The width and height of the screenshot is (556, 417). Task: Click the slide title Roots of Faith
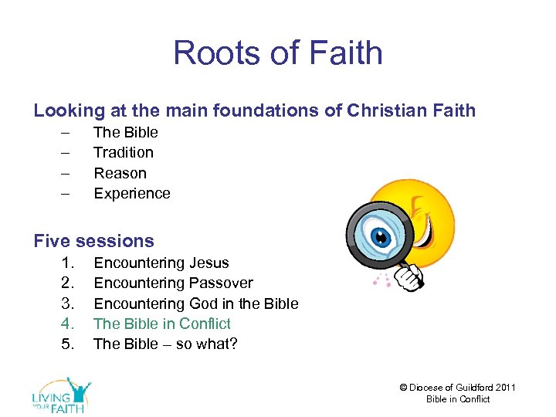tap(278, 53)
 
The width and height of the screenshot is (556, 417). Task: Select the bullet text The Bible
tap(125, 132)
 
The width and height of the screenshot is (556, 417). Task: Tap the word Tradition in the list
tap(123, 152)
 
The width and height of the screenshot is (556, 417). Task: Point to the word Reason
tap(120, 173)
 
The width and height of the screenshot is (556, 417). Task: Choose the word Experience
tap(131, 193)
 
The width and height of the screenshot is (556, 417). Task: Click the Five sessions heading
tap(93, 241)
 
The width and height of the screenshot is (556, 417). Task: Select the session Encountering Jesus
tap(161, 263)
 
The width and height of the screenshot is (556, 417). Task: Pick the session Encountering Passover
tap(173, 283)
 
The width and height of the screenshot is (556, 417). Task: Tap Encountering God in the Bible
tap(195, 303)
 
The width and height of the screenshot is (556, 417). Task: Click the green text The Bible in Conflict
tap(161, 324)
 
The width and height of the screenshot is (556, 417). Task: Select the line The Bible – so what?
tap(165, 344)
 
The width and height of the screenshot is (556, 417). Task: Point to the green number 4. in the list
tap(69, 324)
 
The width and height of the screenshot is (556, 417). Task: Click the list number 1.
tap(69, 263)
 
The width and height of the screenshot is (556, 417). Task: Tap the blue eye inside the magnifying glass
tap(379, 236)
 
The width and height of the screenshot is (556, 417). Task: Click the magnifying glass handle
tap(410, 274)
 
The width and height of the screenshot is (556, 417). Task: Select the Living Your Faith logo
tap(62, 395)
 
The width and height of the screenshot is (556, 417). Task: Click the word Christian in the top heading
tap(381, 110)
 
